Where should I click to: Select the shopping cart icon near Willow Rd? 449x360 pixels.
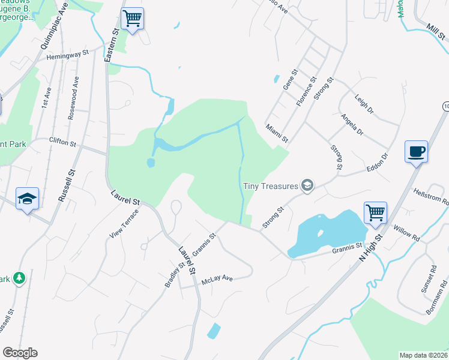(375, 212)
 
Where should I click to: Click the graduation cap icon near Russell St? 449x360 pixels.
(27, 198)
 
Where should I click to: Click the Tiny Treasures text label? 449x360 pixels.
(271, 185)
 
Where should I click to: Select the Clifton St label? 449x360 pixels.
(62, 142)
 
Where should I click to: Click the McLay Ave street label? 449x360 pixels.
(217, 278)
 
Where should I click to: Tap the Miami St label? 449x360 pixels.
(277, 134)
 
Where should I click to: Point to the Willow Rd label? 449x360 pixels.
(407, 233)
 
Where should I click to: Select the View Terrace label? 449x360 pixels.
(124, 226)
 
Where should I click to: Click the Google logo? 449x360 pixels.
(20, 352)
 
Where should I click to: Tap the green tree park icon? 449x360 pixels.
(20, 278)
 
